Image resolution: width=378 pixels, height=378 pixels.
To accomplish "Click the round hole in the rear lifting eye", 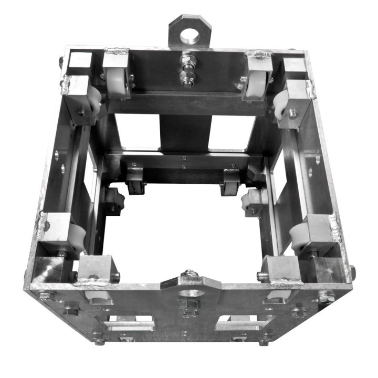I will pos(191,36).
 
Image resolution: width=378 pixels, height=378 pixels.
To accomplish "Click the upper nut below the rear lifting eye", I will pos(186,59).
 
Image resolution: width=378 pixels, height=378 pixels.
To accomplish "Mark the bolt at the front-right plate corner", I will pos(326,297).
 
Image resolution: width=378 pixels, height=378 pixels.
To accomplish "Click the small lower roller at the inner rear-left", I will pos(136,182).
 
